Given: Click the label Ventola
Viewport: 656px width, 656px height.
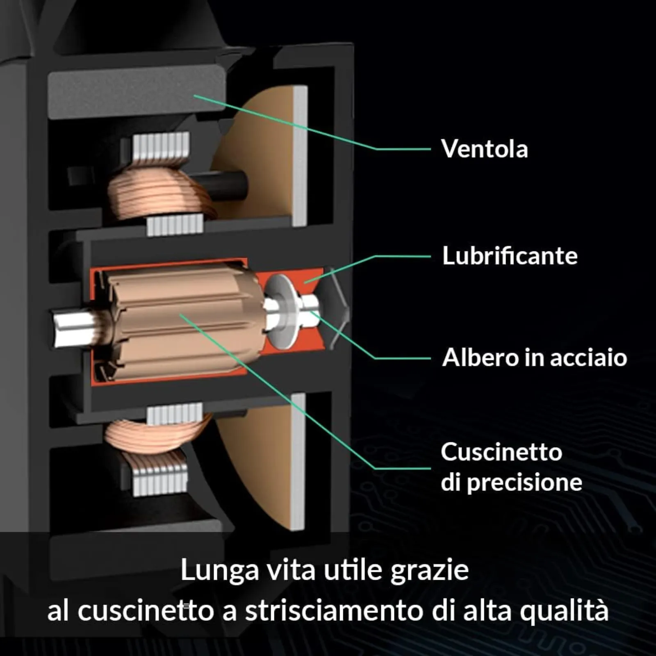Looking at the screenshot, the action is pos(485,148).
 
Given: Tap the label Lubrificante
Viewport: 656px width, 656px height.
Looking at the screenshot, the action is pos(510,256).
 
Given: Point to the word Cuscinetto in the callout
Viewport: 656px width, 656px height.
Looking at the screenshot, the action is pos(501,452).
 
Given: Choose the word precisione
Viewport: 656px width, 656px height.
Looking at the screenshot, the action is pos(524,483).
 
